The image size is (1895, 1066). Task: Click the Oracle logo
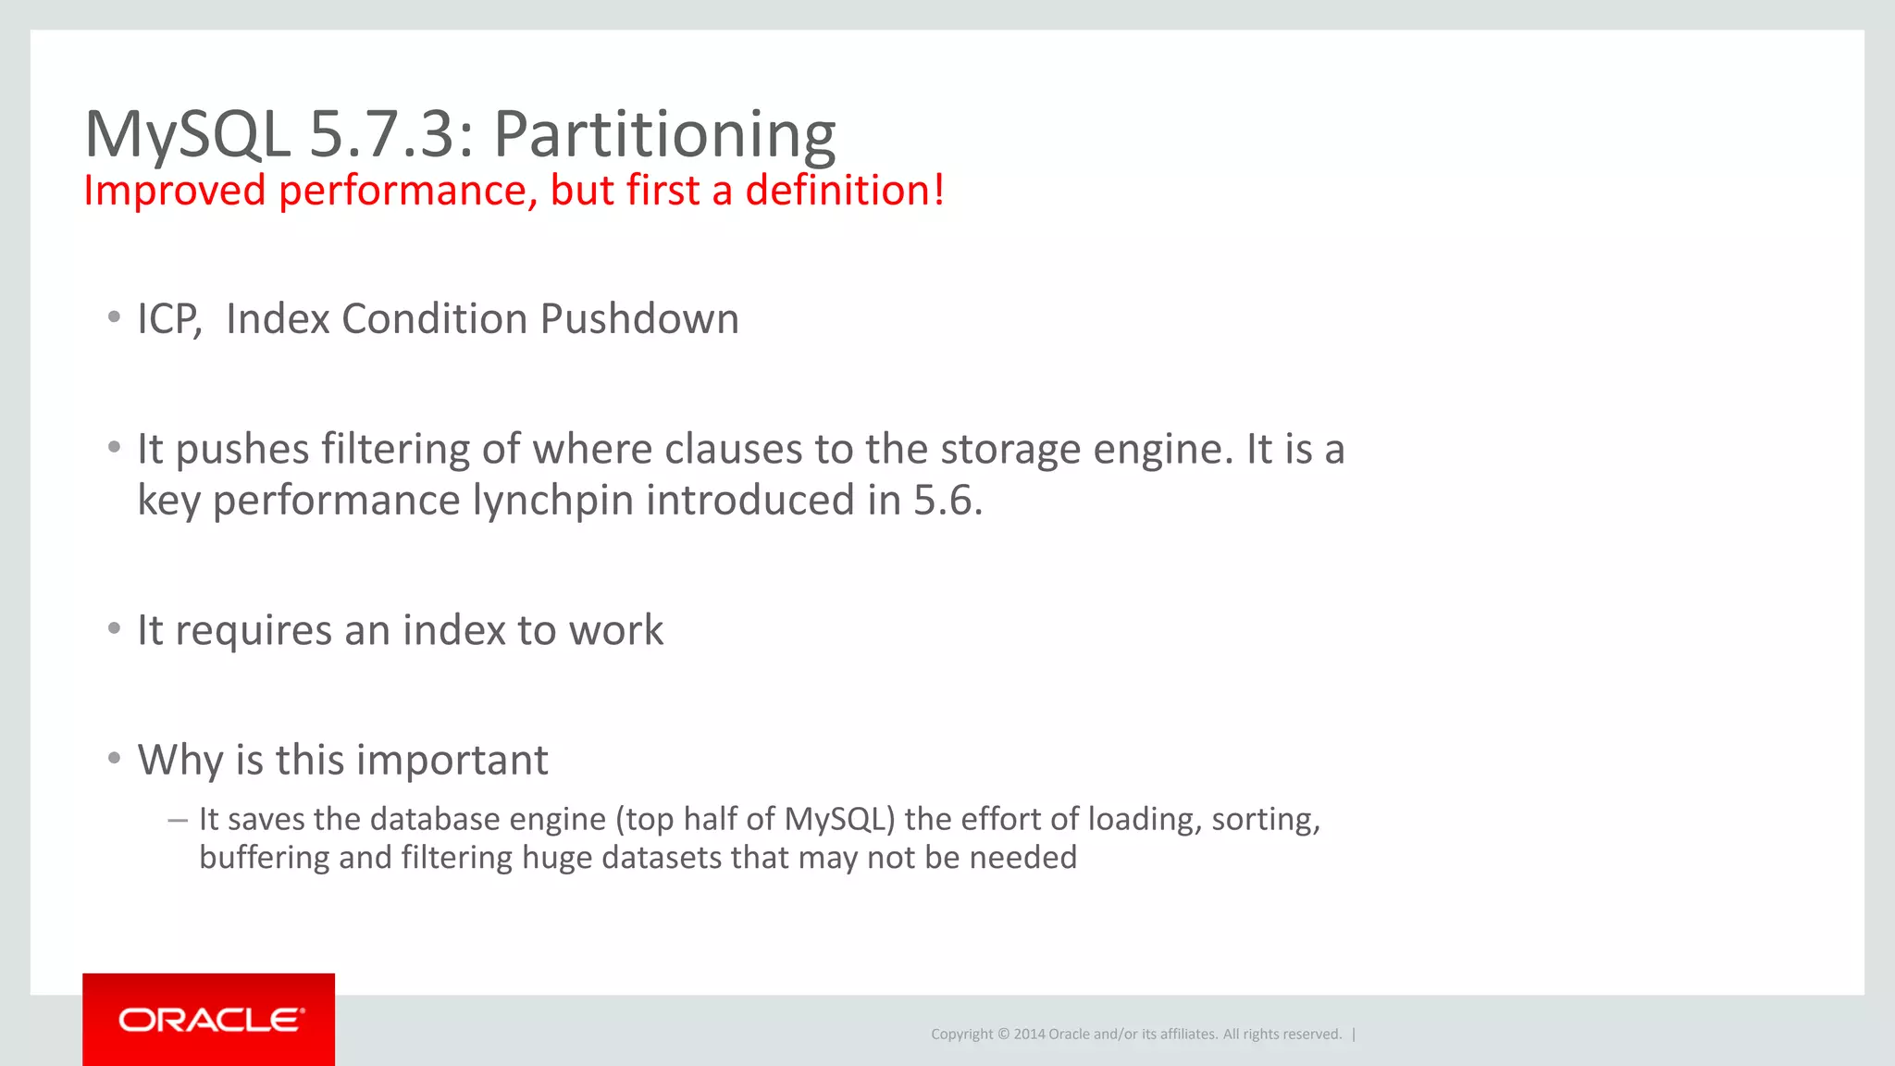tap(209, 1020)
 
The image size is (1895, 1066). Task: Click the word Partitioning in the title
tap(664, 135)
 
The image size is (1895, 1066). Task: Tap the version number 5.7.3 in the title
tap(382, 135)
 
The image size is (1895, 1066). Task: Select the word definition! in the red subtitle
tap(845, 191)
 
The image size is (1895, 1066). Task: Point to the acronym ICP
tap(167, 319)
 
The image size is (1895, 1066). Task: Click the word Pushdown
tap(639, 319)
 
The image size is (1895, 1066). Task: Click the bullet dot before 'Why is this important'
tap(114, 759)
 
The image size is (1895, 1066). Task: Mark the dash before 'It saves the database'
tap(178, 819)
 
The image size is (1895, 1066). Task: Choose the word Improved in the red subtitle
tap(175, 191)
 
